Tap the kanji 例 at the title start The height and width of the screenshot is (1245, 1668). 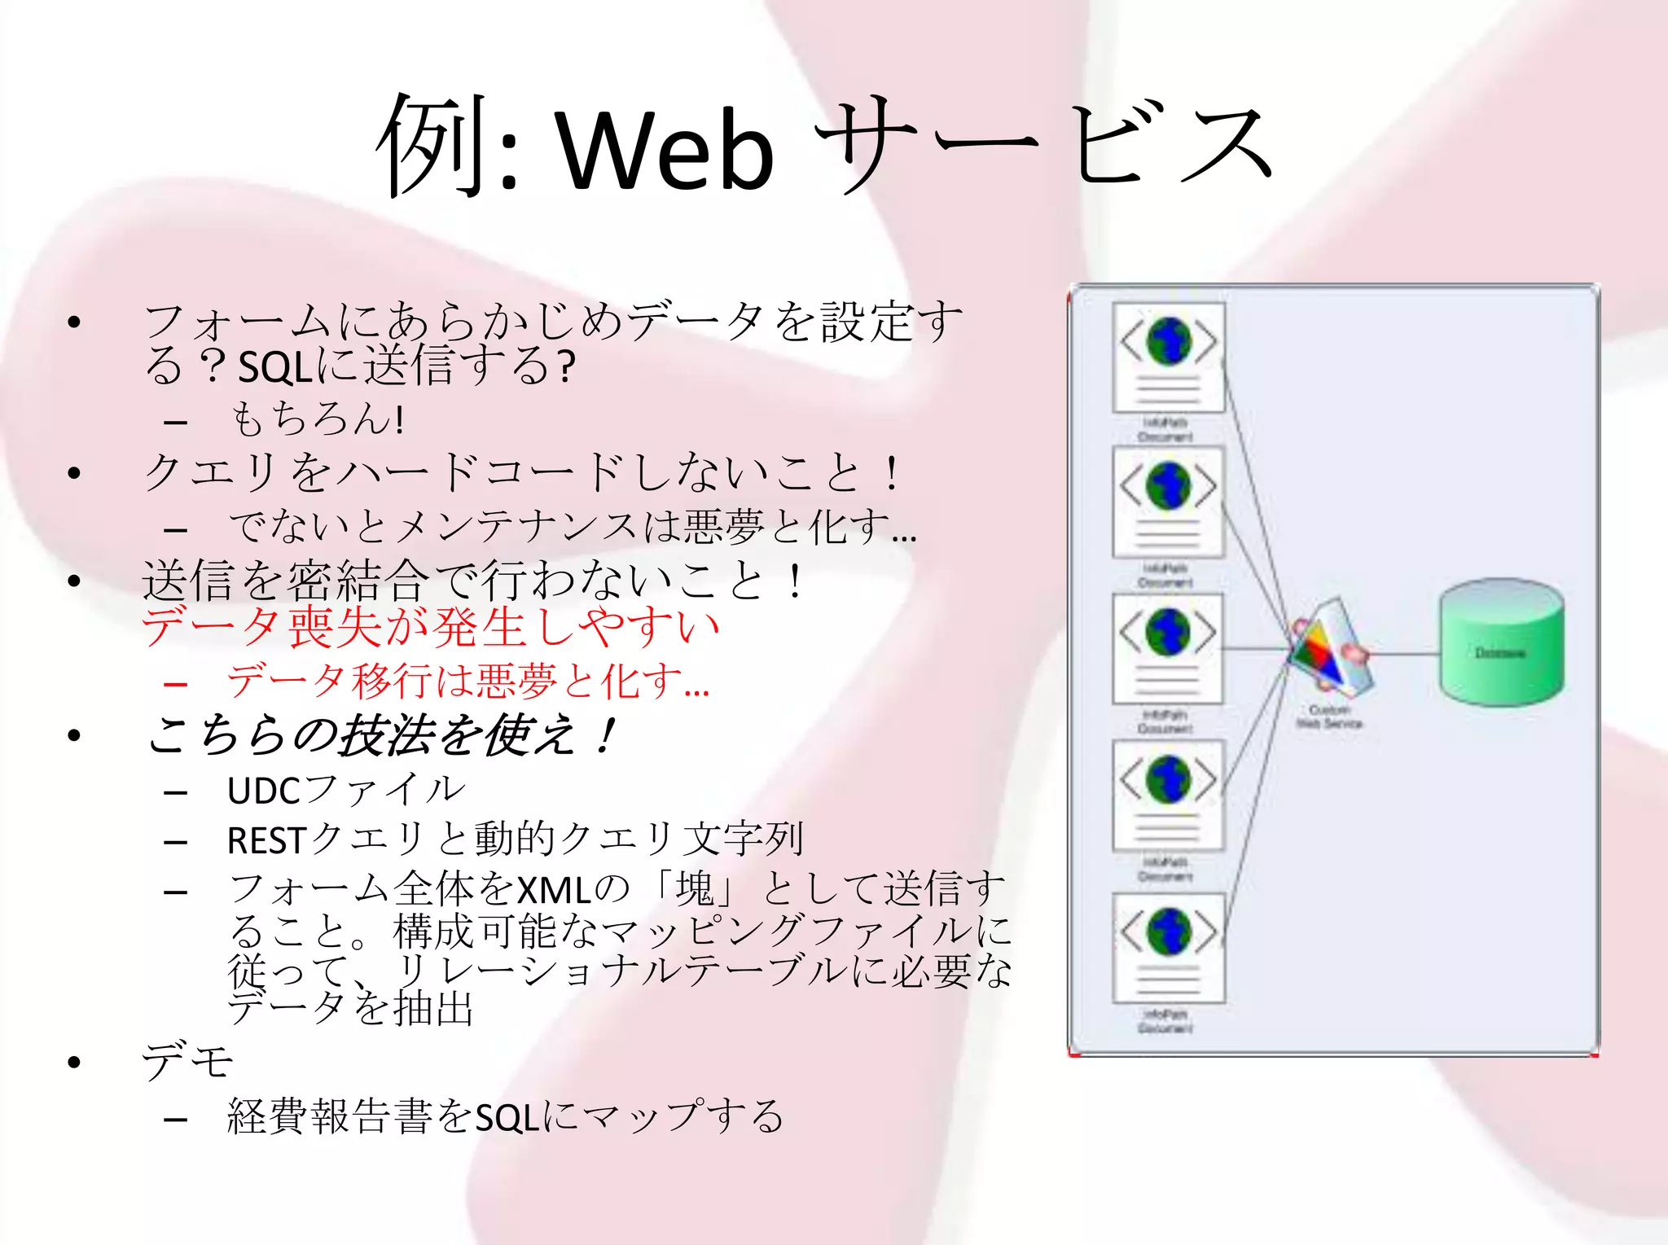click(x=432, y=147)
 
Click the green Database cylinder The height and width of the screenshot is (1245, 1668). click(x=1500, y=643)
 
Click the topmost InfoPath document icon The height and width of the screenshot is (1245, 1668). click(x=1169, y=358)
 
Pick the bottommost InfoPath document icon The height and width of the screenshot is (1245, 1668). click(x=1169, y=949)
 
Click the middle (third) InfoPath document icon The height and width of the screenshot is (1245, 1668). click(x=1169, y=649)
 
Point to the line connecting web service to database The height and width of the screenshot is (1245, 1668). click(x=1405, y=653)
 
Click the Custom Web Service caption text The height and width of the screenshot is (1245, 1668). click(x=1329, y=717)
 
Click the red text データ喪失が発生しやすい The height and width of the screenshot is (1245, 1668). click(x=430, y=628)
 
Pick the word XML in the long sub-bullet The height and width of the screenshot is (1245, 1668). click(x=554, y=890)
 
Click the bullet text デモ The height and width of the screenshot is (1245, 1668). click(x=187, y=1061)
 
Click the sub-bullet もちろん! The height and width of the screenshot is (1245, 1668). click(x=318, y=420)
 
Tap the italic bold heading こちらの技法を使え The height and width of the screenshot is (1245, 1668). click(x=379, y=735)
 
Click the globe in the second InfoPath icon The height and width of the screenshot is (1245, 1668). click(x=1168, y=486)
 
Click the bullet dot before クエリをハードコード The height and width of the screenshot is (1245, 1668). click(x=75, y=473)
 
